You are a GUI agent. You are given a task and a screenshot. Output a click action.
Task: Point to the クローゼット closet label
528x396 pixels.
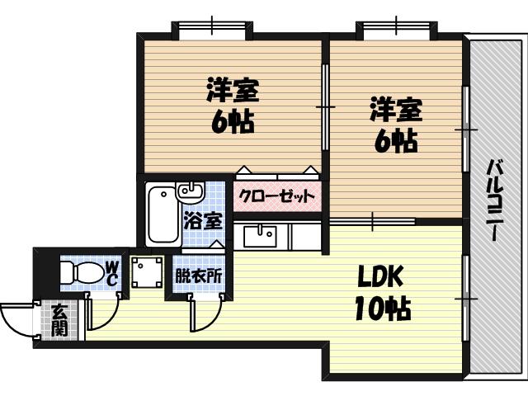277,196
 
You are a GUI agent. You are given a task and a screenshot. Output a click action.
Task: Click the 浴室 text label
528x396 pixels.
201,221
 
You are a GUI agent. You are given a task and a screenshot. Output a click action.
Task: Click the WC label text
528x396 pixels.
111,272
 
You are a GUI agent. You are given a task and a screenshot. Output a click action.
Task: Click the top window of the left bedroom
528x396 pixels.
210,29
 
